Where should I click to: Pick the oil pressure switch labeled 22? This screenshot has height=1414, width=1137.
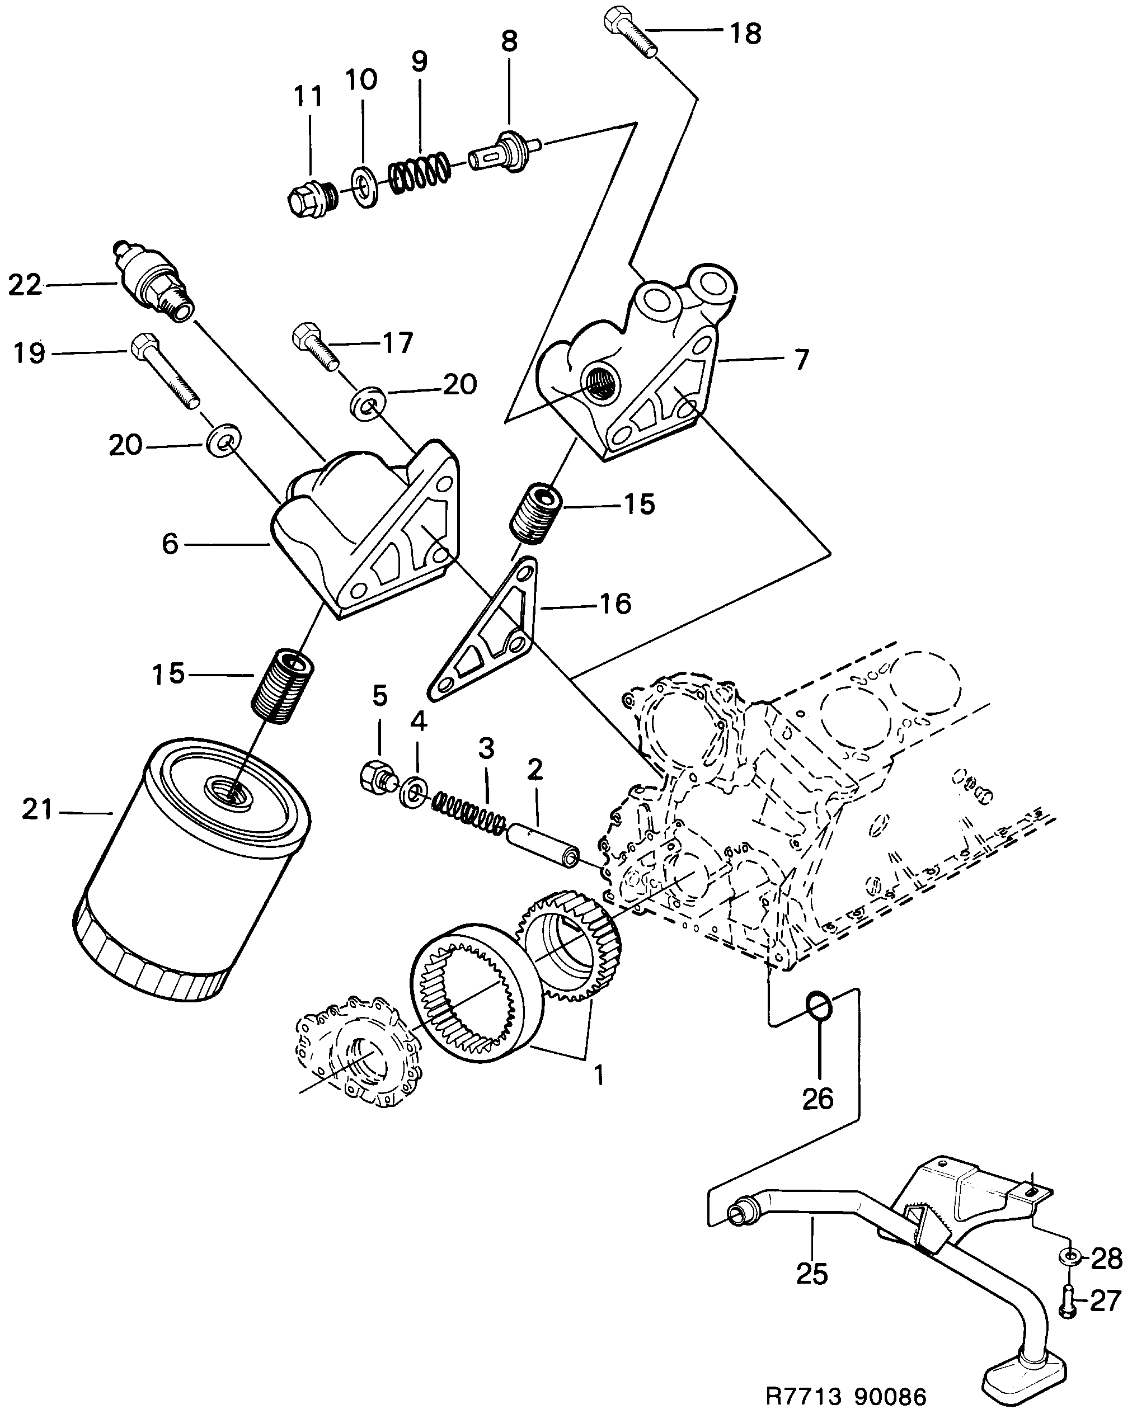[151, 279]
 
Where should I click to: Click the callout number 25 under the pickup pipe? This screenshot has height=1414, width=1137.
[812, 1274]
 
